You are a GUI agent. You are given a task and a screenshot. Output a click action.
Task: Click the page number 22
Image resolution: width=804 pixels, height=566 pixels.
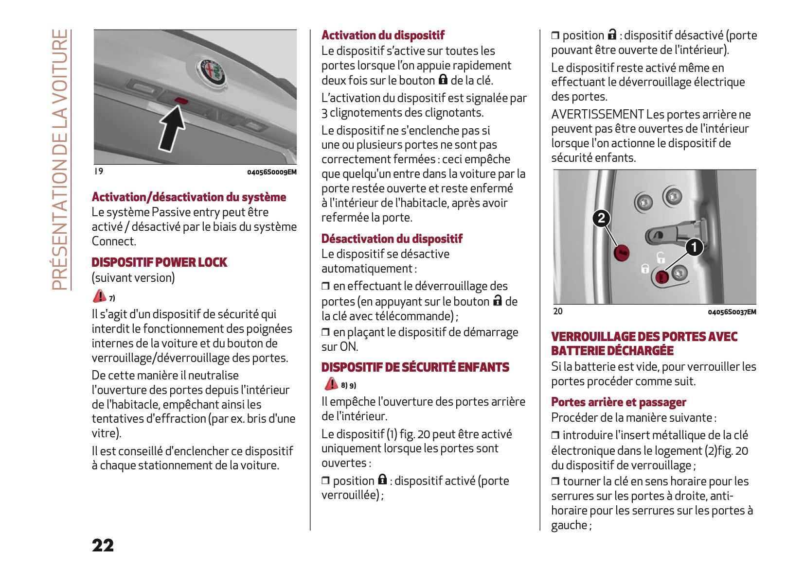tap(103, 545)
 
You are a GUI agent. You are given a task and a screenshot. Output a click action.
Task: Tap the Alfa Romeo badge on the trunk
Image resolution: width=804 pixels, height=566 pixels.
tap(212, 71)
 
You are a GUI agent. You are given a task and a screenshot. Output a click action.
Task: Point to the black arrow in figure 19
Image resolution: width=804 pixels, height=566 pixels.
tap(171, 128)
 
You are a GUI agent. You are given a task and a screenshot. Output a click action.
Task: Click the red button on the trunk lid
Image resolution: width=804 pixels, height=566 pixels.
tap(181, 101)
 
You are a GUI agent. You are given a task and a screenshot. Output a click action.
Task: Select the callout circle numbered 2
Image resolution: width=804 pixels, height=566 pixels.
tap(601, 218)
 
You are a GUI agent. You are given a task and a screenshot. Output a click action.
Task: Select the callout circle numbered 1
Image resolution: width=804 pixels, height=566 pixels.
tap(694, 247)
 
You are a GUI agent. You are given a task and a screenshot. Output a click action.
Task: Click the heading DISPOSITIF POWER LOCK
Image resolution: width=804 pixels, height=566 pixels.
tap(159, 262)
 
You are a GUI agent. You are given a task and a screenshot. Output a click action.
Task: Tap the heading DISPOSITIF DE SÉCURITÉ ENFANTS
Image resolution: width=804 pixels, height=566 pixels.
tap(415, 367)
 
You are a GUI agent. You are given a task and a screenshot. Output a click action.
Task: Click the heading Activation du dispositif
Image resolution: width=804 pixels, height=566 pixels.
tap(383, 35)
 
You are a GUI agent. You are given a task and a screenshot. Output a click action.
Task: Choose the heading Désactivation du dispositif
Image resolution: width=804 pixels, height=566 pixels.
tap(392, 239)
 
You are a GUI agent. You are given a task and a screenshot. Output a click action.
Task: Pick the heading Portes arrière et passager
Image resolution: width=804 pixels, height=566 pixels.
tap(618, 402)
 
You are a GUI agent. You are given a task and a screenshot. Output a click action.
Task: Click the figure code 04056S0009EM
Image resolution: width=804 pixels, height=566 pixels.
tap(271, 172)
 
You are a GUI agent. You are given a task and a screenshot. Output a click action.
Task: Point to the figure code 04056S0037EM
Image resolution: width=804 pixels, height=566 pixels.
tap(732, 312)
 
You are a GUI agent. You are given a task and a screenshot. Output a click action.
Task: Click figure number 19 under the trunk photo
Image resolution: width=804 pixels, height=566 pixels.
tap(99, 171)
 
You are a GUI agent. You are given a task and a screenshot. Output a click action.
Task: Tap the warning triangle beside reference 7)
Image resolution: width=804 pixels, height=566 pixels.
tap(99, 296)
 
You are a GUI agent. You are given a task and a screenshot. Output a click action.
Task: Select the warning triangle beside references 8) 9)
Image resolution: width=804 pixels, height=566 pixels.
tap(331, 384)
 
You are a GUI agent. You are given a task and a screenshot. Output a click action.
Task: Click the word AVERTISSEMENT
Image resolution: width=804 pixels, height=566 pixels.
tap(597, 114)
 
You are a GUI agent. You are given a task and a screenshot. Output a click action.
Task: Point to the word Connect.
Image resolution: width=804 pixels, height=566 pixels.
tap(114, 241)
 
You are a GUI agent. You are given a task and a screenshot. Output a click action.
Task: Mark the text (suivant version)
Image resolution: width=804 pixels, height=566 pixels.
tap(133, 278)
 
